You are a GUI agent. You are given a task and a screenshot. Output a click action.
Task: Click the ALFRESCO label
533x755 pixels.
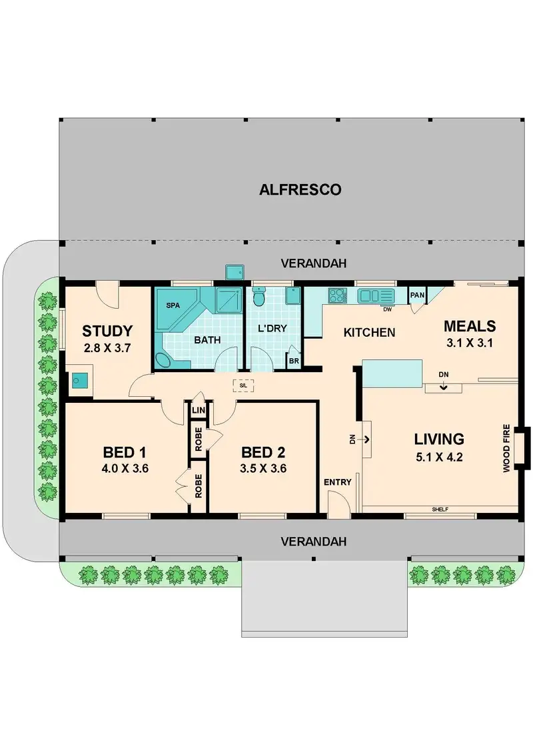(x=300, y=190)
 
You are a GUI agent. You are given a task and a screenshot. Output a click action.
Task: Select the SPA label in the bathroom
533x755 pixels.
(x=173, y=305)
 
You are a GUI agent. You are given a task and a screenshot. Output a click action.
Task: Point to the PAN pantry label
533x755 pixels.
(x=418, y=295)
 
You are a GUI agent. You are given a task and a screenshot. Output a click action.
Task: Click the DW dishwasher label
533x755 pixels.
(x=387, y=309)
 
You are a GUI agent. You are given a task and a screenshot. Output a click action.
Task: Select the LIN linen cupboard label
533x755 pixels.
(x=199, y=411)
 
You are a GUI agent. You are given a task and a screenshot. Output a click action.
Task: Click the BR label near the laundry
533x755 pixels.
(x=294, y=361)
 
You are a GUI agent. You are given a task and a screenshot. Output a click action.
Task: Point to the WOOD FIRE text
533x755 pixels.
(x=507, y=449)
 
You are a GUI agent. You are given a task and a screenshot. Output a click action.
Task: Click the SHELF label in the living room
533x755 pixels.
(x=440, y=510)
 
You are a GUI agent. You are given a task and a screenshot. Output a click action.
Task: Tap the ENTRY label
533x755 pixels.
(x=337, y=482)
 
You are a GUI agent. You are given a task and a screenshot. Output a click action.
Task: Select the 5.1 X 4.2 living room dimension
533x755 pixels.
(x=439, y=458)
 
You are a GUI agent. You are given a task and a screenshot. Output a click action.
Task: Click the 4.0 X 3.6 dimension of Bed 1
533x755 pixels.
(x=125, y=468)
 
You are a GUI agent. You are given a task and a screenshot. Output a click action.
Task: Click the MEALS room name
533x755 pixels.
(x=470, y=326)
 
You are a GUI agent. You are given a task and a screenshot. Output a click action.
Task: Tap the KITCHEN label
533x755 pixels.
(x=369, y=332)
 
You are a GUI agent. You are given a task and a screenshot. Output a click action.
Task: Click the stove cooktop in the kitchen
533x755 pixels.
(x=335, y=295)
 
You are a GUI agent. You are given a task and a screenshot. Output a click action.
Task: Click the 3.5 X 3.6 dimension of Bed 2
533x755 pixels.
(x=264, y=468)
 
